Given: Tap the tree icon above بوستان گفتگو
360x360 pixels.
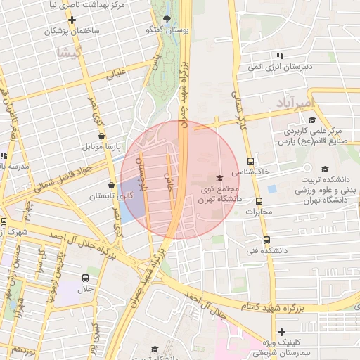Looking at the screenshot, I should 167,19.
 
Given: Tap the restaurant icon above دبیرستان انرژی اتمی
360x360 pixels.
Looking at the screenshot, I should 280,55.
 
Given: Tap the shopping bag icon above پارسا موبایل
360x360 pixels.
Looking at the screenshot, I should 103,136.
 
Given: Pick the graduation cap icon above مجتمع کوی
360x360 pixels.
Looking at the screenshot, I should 219,178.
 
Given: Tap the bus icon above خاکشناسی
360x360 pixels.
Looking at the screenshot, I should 251,160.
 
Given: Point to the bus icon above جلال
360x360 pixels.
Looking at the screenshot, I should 86,278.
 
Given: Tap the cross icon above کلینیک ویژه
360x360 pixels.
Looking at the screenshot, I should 282,332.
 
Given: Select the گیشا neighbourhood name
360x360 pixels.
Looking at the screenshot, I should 70,53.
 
